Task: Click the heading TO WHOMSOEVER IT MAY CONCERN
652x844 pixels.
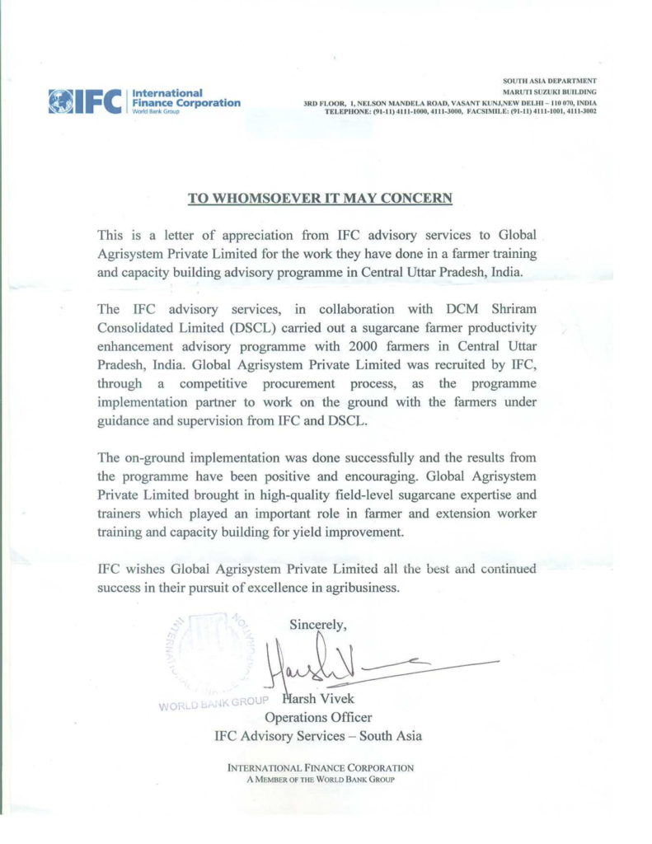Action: [321, 198]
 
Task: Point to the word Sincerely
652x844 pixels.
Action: [318, 626]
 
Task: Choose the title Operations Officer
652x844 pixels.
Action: [318, 718]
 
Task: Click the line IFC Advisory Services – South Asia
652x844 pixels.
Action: [318, 735]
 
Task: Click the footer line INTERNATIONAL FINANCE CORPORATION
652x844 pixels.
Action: [320, 768]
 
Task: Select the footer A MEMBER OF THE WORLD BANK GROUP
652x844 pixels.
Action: [320, 779]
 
